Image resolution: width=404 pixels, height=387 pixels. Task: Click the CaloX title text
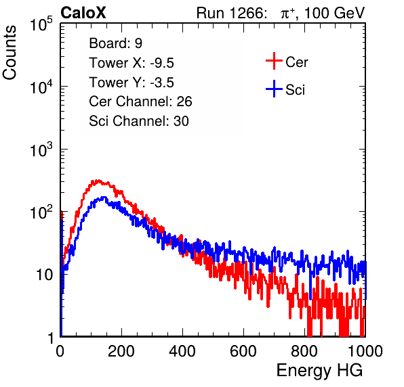pyautogui.click(x=83, y=13)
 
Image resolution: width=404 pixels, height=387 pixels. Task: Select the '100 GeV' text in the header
pyautogui.click(x=335, y=13)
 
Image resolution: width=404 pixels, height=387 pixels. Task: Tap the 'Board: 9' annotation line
pyautogui.click(x=115, y=43)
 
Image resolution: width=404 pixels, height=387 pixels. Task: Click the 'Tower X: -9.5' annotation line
pyautogui.click(x=132, y=63)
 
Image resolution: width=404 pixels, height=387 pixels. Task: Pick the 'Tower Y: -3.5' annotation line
pyautogui.click(x=132, y=83)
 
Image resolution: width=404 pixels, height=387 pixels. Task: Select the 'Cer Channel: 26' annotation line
pyautogui.click(x=140, y=101)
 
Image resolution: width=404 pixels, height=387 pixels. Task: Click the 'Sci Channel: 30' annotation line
pyautogui.click(x=139, y=121)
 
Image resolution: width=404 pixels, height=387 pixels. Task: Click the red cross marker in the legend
pyautogui.click(x=274, y=61)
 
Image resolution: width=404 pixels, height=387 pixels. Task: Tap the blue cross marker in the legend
pyautogui.click(x=274, y=89)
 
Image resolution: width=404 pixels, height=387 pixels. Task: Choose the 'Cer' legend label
pyautogui.click(x=296, y=62)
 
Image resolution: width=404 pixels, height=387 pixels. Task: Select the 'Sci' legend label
pyautogui.click(x=295, y=90)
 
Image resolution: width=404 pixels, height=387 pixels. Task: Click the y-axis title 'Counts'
pyautogui.click(x=9, y=53)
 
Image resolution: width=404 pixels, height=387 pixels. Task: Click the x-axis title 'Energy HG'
pyautogui.click(x=319, y=371)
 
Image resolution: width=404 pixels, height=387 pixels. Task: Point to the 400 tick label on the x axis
pyautogui.click(x=182, y=351)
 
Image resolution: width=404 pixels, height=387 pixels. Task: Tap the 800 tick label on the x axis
pyautogui.click(x=304, y=351)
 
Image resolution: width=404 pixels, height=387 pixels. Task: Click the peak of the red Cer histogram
pyautogui.click(x=97, y=181)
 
